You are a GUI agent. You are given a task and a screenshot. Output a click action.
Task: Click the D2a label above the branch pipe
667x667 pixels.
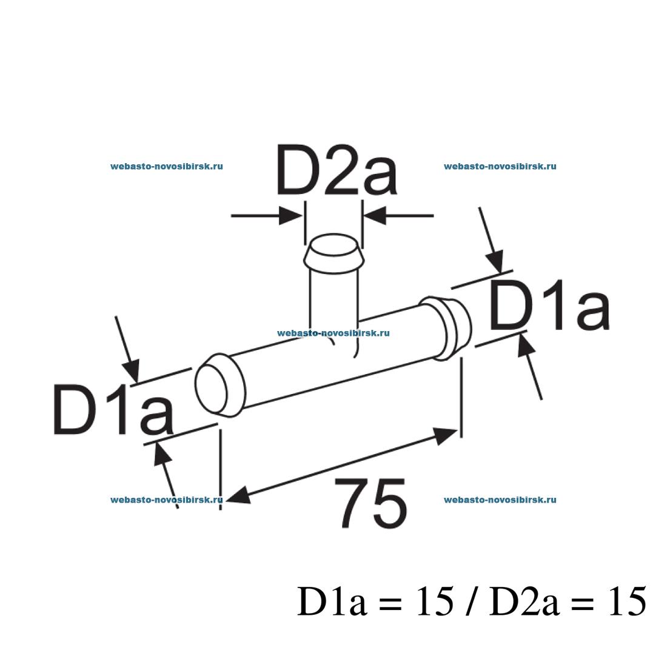[337, 170]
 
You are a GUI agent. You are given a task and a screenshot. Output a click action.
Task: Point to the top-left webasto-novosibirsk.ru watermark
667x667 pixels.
[167, 166]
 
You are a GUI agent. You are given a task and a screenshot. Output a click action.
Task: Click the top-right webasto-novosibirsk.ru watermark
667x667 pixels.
[500, 166]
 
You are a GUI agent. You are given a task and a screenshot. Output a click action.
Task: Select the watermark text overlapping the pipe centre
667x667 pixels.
[333, 333]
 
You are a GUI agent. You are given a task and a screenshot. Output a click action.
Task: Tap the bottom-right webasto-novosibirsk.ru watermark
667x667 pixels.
[500, 500]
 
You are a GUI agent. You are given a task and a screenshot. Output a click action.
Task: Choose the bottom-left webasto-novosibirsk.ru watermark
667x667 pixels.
[167, 500]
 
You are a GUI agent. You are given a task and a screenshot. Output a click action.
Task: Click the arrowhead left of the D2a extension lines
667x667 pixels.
[290, 215]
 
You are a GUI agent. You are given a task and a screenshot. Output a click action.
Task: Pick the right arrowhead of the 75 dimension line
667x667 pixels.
[446, 433]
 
